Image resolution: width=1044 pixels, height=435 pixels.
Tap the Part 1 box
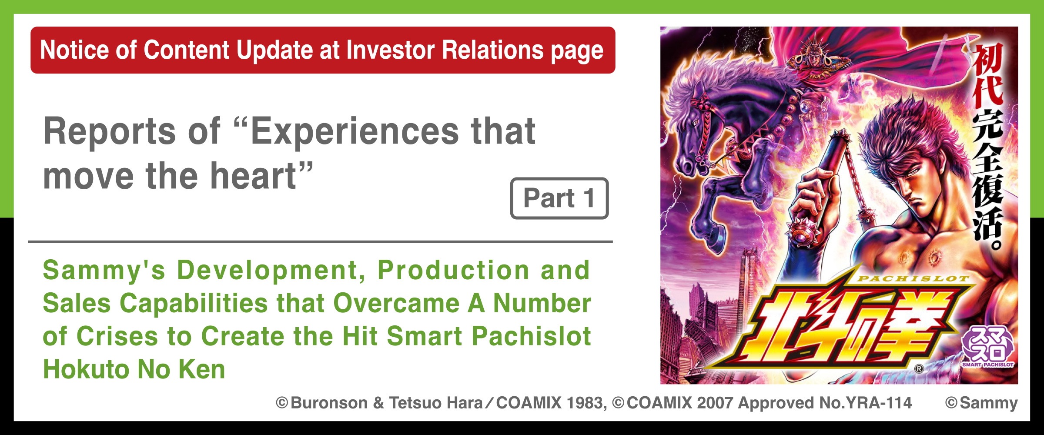tap(559, 198)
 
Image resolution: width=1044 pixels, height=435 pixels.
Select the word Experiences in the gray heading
tap(355, 131)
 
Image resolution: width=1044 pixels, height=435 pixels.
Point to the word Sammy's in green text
tap(104, 270)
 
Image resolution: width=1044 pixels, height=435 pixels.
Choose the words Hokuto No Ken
tap(134, 369)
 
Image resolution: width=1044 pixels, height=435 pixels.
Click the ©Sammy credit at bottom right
tap(981, 403)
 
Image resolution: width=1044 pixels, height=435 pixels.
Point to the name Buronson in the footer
tap(329, 403)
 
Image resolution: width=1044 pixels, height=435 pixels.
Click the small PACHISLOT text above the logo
tap(913, 279)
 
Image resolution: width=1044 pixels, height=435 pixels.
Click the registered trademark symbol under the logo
tap(919, 369)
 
